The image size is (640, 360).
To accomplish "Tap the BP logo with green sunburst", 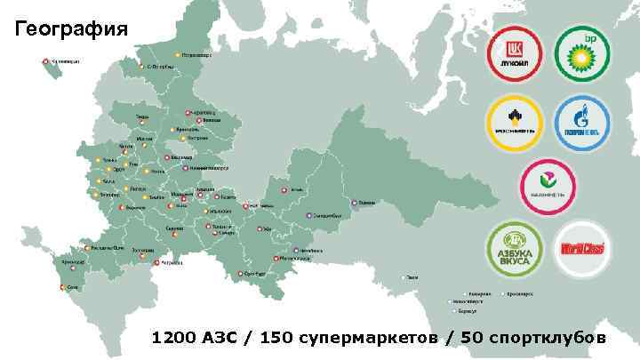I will [584, 54].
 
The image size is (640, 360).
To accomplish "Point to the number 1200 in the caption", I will [172, 339].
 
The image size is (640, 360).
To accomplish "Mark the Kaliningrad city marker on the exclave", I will [45, 61].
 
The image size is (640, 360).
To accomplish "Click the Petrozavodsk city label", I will [198, 54].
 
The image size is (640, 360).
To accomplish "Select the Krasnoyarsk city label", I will [520, 292].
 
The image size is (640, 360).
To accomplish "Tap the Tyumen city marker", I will [356, 204].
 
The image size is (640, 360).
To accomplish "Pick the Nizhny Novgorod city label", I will [205, 166].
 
